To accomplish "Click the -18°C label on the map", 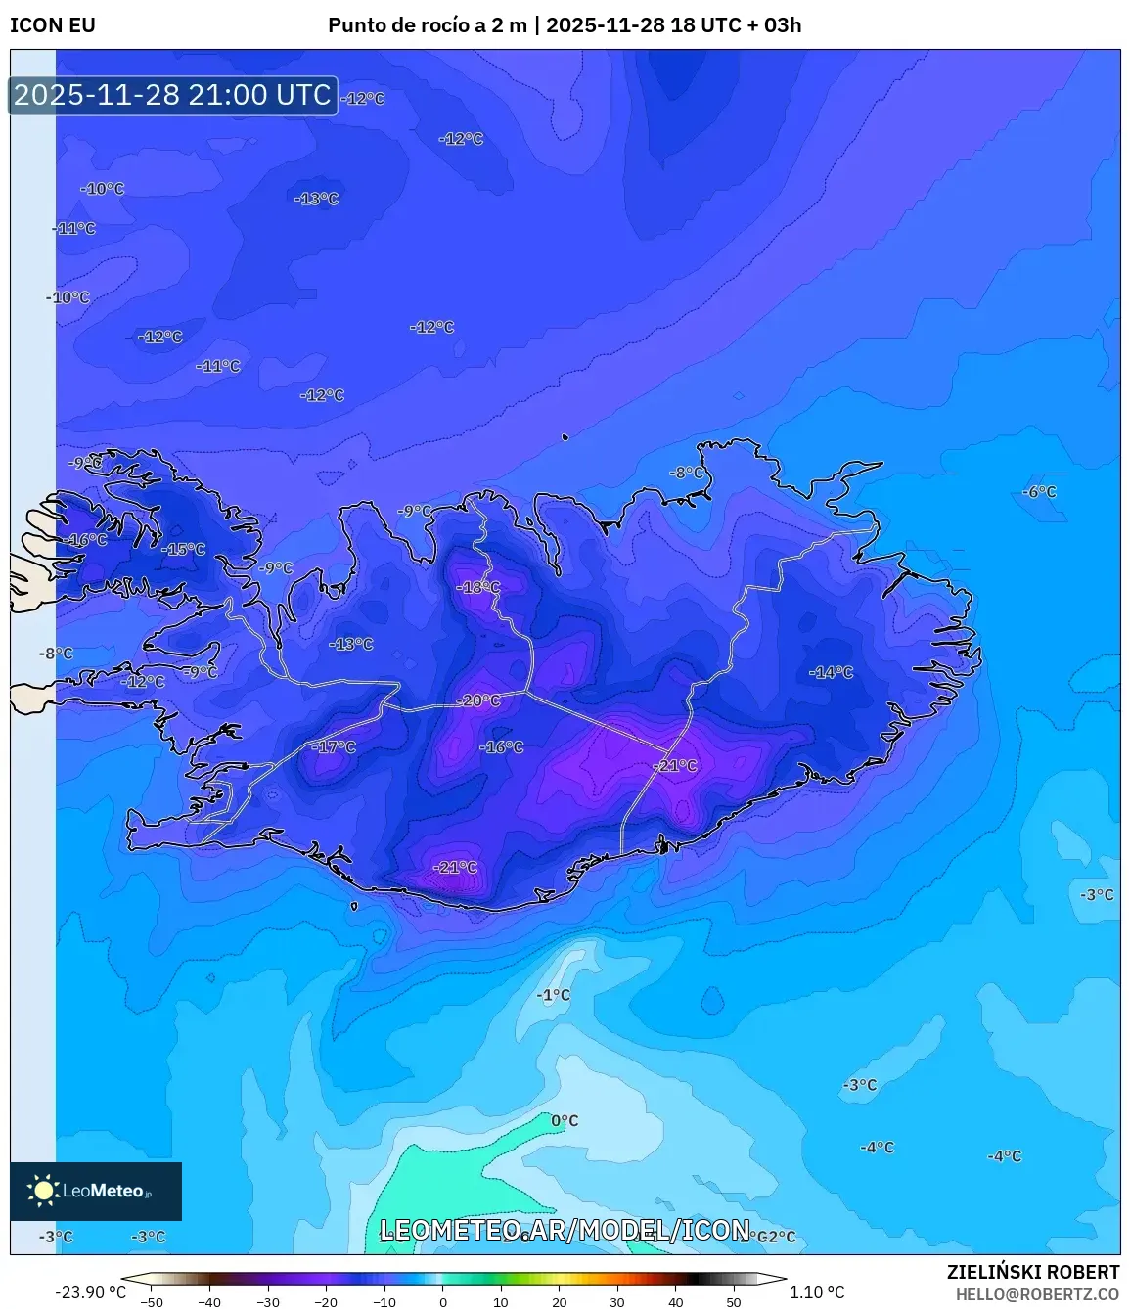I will pyautogui.click(x=478, y=587).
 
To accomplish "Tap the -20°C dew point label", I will pyautogui.click(x=478, y=700).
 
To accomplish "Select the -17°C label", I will pyautogui.click(x=335, y=746).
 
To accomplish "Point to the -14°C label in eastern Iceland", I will pyautogui.click(x=831, y=672).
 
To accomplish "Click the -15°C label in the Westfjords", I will pyautogui.click(x=184, y=549).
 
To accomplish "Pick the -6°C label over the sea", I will pyautogui.click(x=1039, y=491).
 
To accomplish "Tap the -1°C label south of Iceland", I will pyautogui.click(x=553, y=995).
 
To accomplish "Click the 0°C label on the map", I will pyautogui.click(x=565, y=1120).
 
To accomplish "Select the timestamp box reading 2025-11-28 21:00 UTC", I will pyautogui.click(x=173, y=95).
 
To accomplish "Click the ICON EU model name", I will pyautogui.click(x=53, y=25).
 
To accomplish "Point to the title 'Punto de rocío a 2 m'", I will pyautogui.click(x=429, y=25).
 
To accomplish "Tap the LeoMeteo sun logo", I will pyautogui.click(x=43, y=1191).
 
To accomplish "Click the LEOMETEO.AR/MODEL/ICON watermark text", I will pyautogui.click(x=565, y=1230).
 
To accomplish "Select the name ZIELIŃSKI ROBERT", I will pyautogui.click(x=1032, y=1272).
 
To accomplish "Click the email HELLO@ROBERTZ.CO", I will pyautogui.click(x=1037, y=1294).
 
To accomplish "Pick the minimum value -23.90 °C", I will pyautogui.click(x=90, y=1292).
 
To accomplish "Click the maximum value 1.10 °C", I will pyautogui.click(x=817, y=1292).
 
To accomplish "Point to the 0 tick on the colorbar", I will pyautogui.click(x=442, y=1301).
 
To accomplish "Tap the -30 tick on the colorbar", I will pyautogui.click(x=267, y=1301).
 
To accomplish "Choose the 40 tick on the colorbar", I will pyautogui.click(x=675, y=1301).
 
